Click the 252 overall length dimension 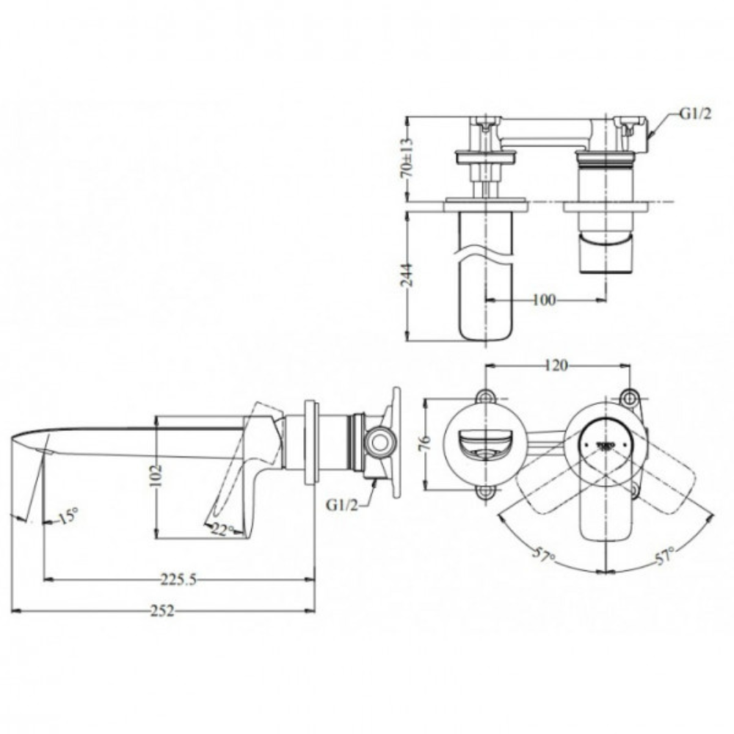click(163, 611)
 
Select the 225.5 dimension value click(178, 580)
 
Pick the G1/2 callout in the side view click(343, 506)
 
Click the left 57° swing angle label click(543, 556)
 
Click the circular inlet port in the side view click(380, 441)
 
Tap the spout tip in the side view click(18, 441)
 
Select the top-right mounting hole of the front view click(628, 397)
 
